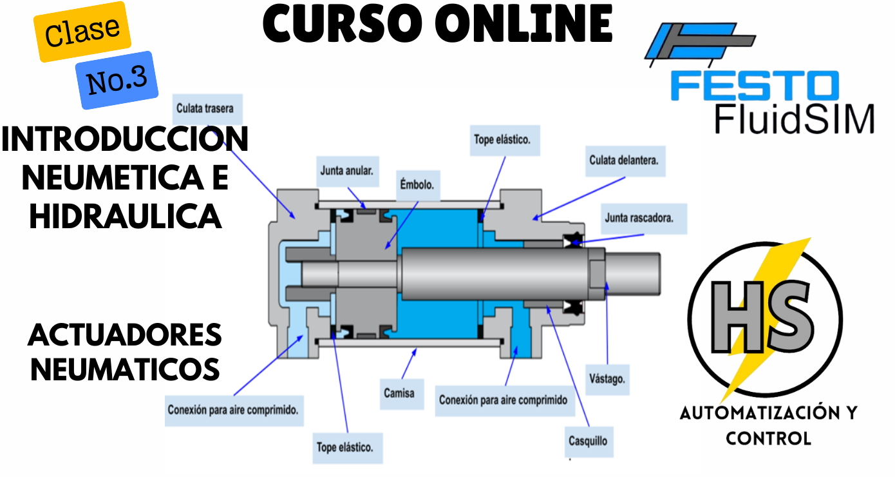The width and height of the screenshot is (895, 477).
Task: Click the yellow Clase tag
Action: point(82,32)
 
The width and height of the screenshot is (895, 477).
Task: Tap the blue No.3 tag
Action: point(117,80)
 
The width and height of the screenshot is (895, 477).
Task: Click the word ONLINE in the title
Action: point(523,24)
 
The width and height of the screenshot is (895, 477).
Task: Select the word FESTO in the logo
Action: point(755,86)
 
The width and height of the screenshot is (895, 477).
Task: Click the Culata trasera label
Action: point(205,108)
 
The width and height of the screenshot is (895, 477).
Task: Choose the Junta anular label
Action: point(346,171)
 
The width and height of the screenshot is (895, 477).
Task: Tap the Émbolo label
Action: point(417,184)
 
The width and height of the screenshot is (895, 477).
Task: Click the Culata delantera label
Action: point(624,160)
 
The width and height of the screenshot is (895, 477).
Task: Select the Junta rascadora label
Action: point(639,218)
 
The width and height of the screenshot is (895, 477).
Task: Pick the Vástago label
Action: point(607,378)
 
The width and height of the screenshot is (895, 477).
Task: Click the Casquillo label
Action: point(587,442)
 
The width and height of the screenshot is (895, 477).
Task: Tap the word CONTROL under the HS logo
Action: point(768,438)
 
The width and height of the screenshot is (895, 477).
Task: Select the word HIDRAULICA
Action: point(126,217)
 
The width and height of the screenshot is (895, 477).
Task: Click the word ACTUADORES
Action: point(125,335)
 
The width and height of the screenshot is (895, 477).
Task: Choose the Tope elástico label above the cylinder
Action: point(502,139)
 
